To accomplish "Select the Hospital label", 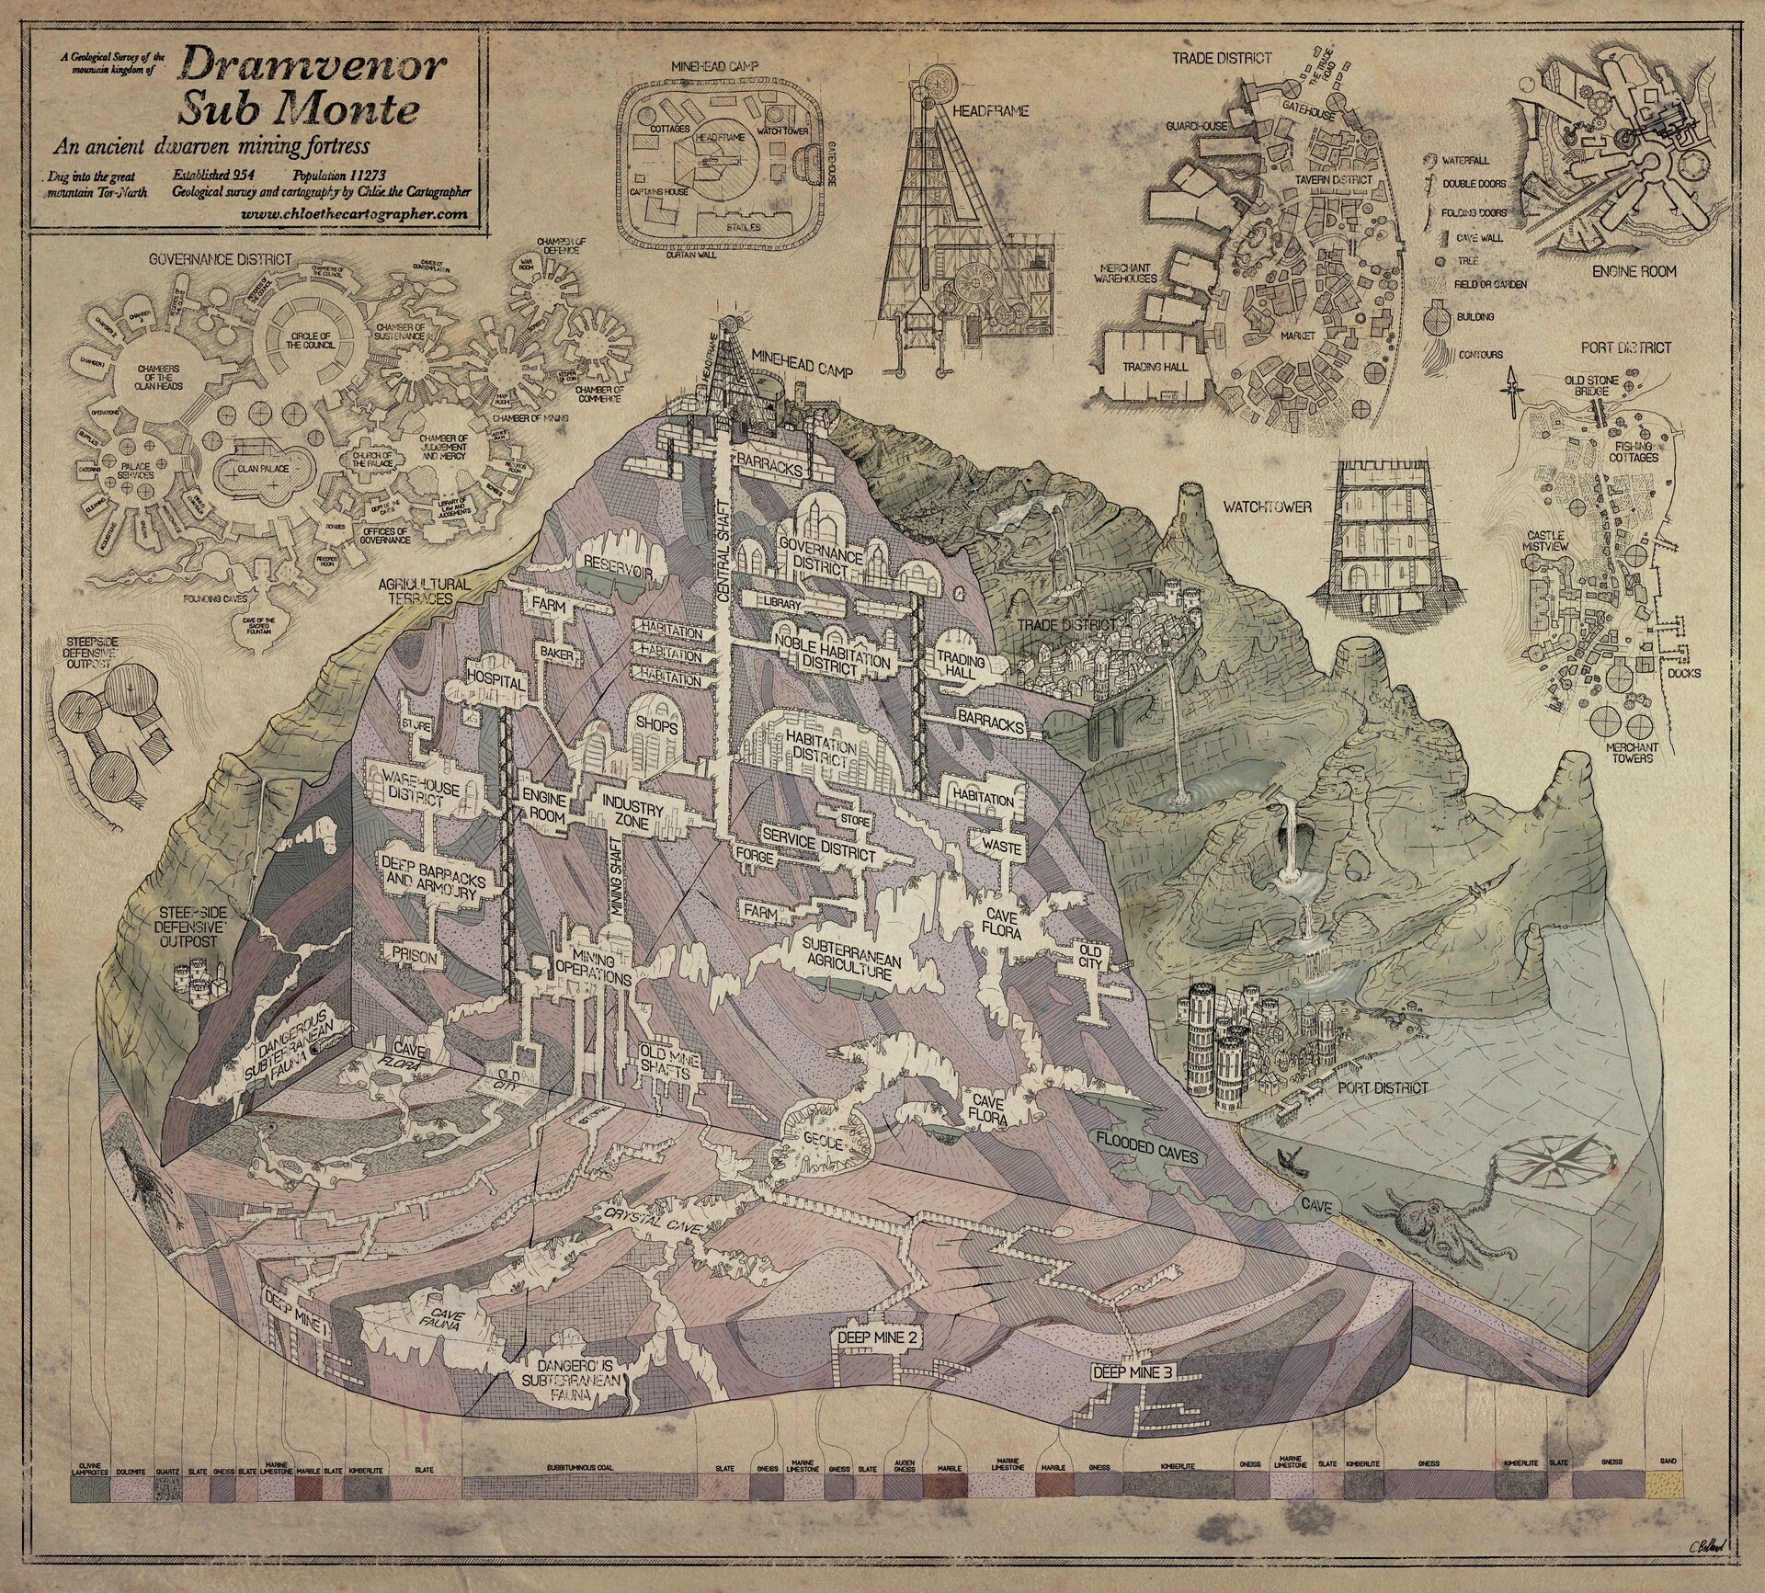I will pos(495,684).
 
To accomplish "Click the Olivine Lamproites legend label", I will pos(90,1442).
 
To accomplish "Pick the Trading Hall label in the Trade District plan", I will pos(1156,367).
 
